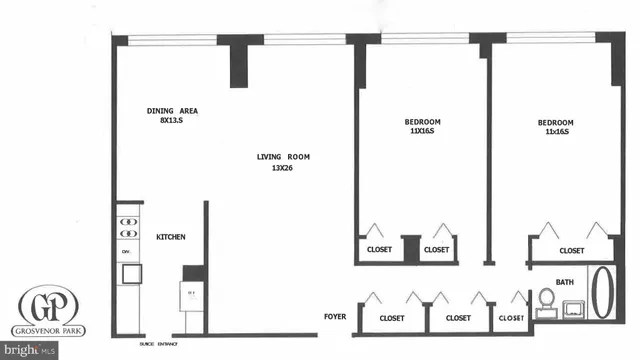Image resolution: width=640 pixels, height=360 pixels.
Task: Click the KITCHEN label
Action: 170,237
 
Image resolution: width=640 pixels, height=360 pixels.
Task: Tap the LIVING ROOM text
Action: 280,156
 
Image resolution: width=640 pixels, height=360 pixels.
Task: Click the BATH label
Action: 565,282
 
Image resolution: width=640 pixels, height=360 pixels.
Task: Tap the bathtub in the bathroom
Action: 604,295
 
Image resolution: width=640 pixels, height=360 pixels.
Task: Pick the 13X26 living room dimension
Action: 280,168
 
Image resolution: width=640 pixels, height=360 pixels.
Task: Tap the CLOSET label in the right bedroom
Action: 571,251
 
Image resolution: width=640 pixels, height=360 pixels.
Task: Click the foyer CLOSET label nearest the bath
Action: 510,318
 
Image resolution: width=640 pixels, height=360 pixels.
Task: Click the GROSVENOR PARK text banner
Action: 48,330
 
